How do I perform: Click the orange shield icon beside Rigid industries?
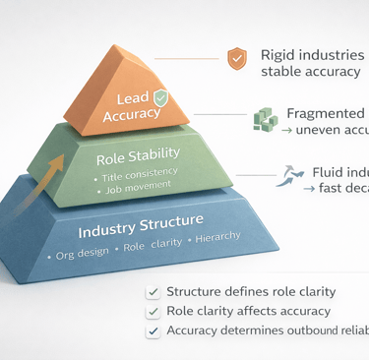(x=236, y=58)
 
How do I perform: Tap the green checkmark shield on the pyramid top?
(x=159, y=98)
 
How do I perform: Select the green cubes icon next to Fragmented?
(x=266, y=118)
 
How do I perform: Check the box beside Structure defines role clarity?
(x=153, y=292)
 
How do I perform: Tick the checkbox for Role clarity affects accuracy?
(x=153, y=312)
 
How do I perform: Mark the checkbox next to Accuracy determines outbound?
(x=153, y=331)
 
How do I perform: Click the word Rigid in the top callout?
(x=279, y=56)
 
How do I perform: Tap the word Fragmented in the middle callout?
(x=325, y=113)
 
